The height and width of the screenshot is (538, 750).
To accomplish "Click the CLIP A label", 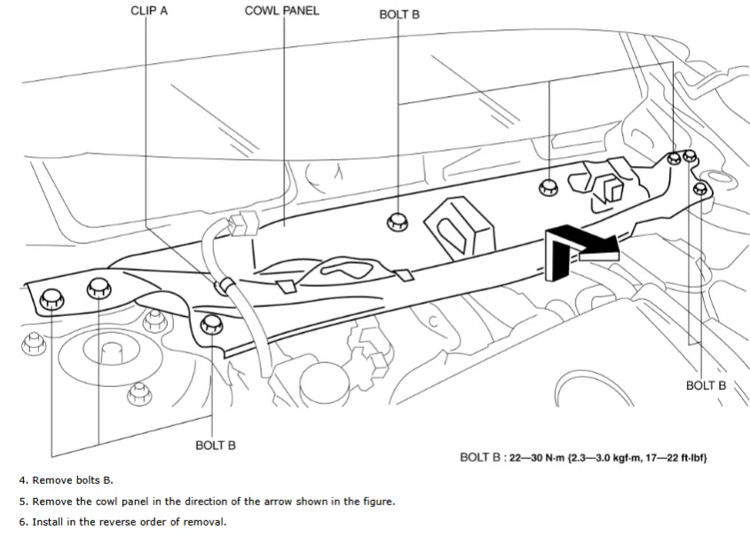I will [148, 11].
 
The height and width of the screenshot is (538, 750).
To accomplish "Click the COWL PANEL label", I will [281, 11].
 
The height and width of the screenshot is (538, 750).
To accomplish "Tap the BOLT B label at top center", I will [399, 14].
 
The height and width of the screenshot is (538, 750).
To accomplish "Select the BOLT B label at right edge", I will [706, 385].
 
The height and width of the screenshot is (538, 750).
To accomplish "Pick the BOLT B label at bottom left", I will [215, 445].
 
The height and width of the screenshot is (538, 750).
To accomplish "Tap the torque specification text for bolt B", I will [583, 458].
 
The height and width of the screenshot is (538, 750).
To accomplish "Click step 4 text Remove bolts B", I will [66, 480].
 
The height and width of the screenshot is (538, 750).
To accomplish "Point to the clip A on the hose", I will [225, 286].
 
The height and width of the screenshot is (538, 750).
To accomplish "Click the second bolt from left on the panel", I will [98, 287].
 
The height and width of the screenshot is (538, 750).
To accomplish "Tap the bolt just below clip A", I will [211, 324].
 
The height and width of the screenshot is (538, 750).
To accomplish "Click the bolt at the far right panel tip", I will [700, 187].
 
